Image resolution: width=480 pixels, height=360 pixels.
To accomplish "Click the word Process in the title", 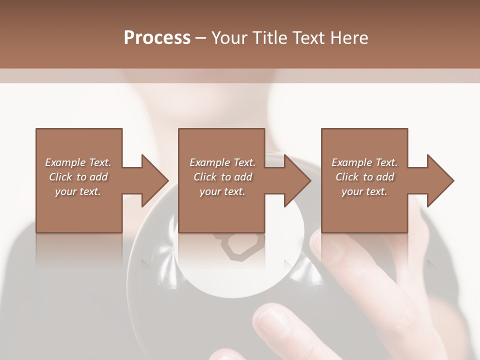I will [x=157, y=38].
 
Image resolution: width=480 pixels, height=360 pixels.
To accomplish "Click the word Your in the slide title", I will [x=231, y=38].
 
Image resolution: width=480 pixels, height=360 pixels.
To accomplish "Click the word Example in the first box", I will [x=65, y=162].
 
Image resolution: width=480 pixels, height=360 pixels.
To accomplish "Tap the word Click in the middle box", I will [x=204, y=177].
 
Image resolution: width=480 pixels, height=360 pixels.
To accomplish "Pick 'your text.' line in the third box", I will [x=364, y=191].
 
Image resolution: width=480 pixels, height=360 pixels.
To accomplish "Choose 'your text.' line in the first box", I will [x=78, y=191].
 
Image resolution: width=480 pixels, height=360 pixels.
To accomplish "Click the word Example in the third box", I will [x=352, y=162].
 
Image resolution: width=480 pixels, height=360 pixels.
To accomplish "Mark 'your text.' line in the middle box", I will [x=222, y=191].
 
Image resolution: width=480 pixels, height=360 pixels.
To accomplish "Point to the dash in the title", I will [x=201, y=38].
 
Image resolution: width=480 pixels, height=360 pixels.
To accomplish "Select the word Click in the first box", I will [x=60, y=177].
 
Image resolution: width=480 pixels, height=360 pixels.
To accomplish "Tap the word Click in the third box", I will [x=347, y=177].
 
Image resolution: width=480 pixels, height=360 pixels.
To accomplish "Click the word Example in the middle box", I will [x=209, y=162].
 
